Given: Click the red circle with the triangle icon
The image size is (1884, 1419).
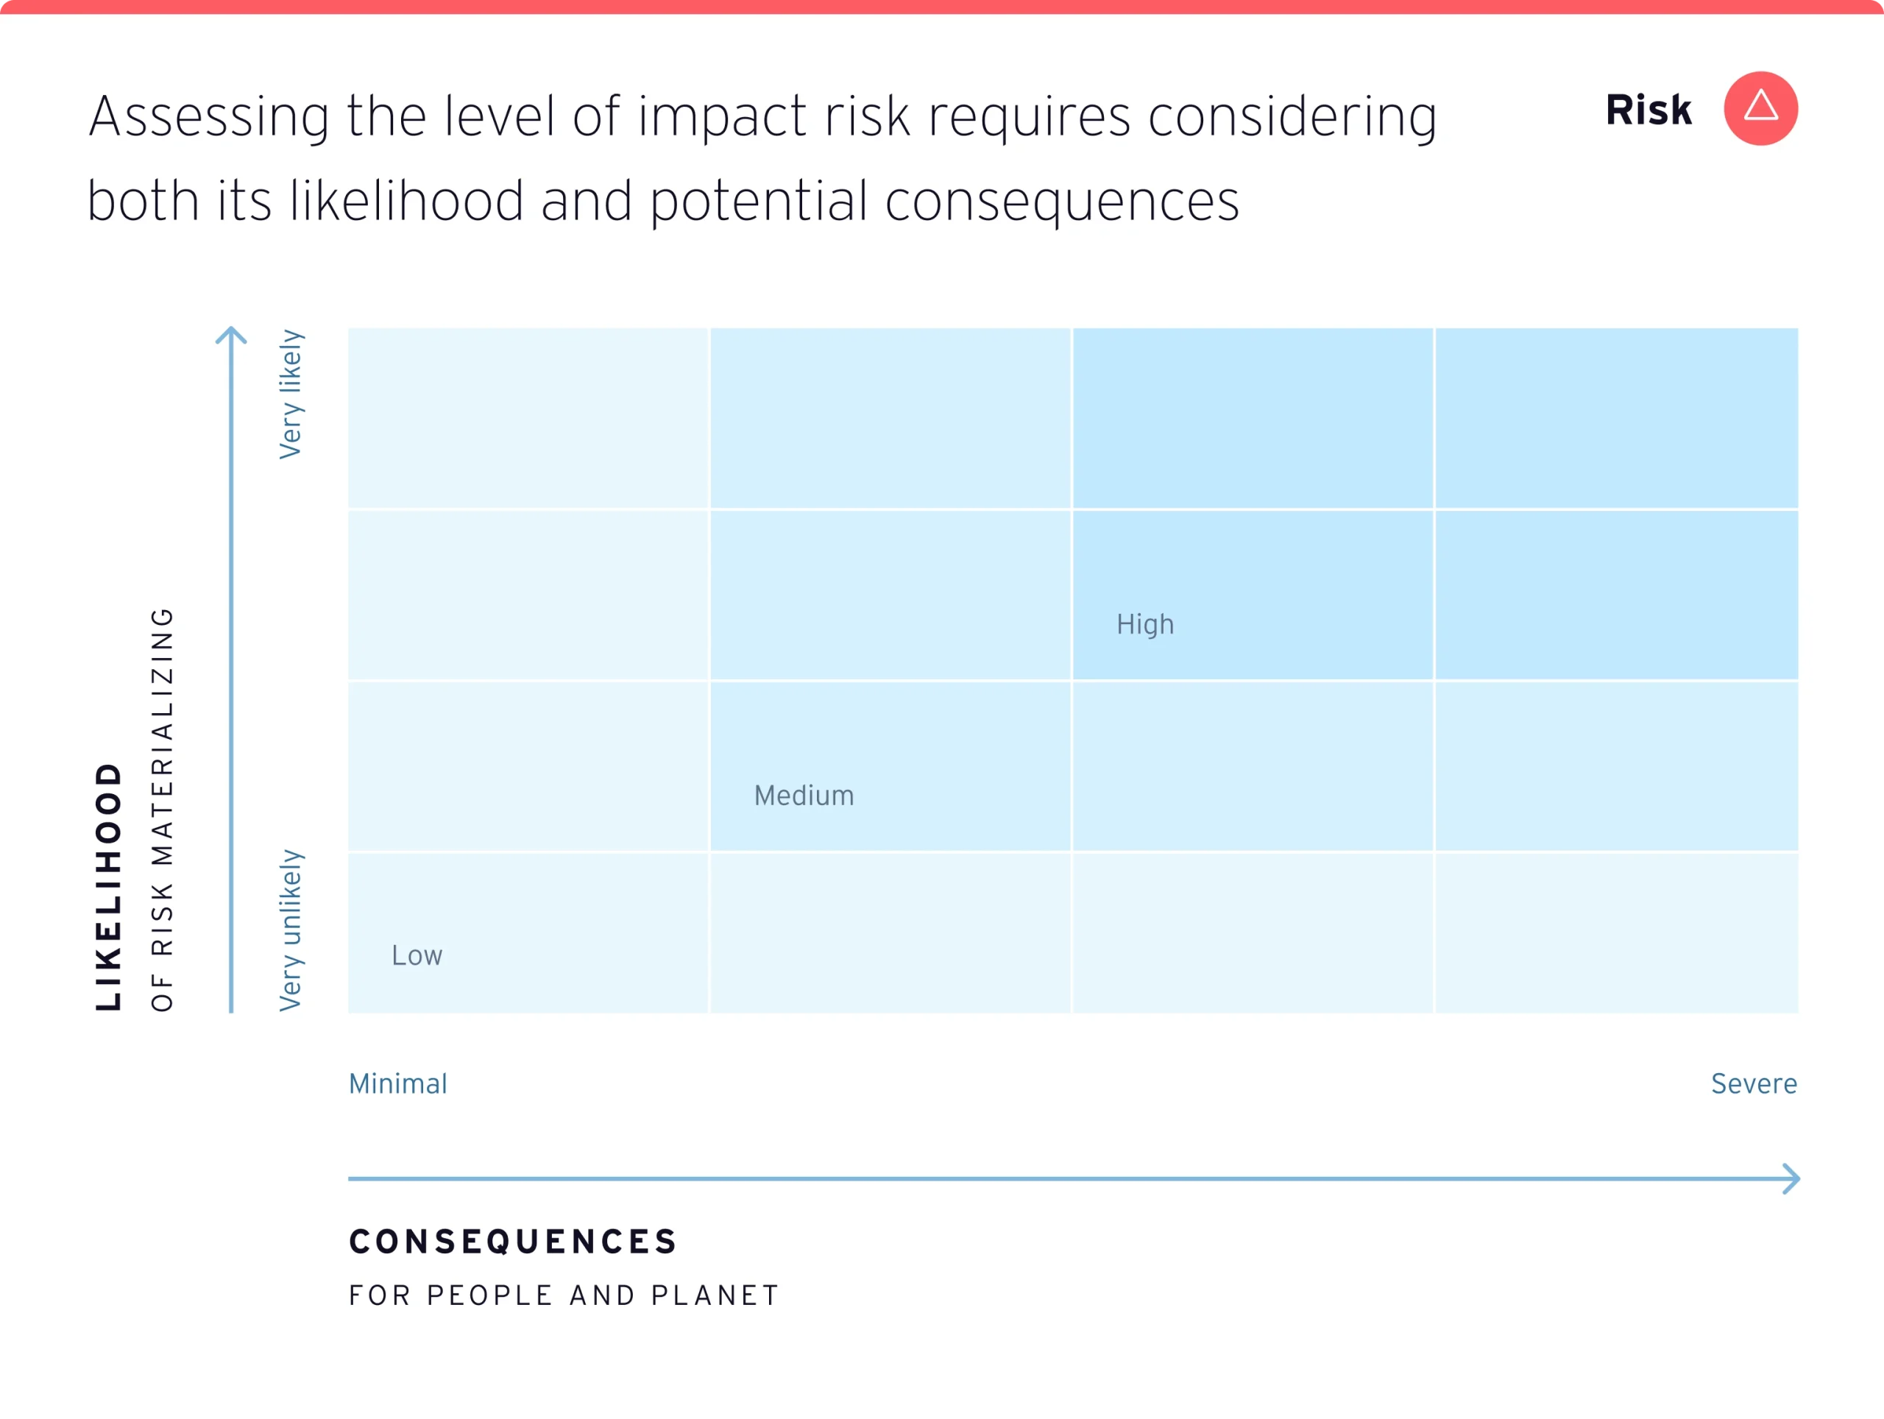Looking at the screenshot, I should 1760,108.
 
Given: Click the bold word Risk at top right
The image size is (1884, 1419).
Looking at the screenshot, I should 1648,110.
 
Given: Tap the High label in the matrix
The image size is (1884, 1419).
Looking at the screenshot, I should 1144,624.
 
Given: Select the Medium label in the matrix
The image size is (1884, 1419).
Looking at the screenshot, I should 803,796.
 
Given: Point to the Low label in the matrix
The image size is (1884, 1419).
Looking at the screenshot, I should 417,955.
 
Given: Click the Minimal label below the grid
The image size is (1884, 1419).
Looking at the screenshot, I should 397,1083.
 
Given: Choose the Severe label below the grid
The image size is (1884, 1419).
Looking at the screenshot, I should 1754,1083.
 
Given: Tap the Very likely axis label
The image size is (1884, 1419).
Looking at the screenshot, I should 291,394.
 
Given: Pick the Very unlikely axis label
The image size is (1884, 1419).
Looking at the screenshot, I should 291,930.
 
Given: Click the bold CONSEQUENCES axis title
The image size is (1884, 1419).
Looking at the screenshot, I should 513,1241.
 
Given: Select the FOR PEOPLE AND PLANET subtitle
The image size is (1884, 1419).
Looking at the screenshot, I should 564,1295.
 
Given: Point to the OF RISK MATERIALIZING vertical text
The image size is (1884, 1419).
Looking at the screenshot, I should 162,809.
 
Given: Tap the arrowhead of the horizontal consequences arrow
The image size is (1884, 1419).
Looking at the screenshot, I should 1792,1179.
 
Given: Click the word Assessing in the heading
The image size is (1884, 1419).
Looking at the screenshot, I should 209,117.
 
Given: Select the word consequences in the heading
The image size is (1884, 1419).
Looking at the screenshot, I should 1061,202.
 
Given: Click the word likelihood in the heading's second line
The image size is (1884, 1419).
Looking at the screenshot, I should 406,201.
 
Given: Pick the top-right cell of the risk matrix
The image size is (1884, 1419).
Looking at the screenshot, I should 1615,417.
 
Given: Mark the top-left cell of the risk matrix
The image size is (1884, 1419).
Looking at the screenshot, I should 528,417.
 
